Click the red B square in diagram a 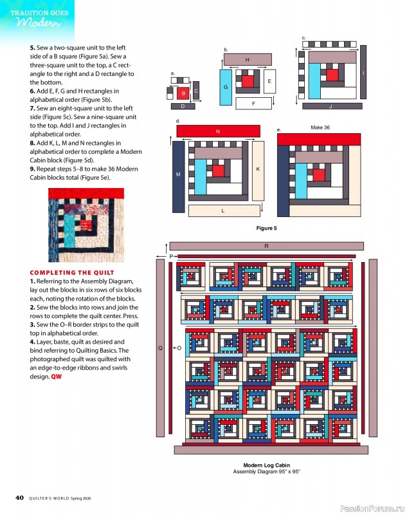click(x=183, y=93)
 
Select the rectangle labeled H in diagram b click(x=248, y=59)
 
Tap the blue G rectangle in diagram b click(x=226, y=86)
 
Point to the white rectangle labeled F click(x=253, y=103)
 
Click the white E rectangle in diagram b click(x=269, y=81)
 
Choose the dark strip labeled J click(x=330, y=106)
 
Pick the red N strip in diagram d click(x=218, y=131)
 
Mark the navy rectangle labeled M click(x=178, y=175)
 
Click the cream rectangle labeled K click(x=258, y=169)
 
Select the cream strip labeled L click(x=223, y=211)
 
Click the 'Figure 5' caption click(x=266, y=228)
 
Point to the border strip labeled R click(x=266, y=246)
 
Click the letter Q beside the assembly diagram click(x=159, y=348)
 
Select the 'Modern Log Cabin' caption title click(x=266, y=465)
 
